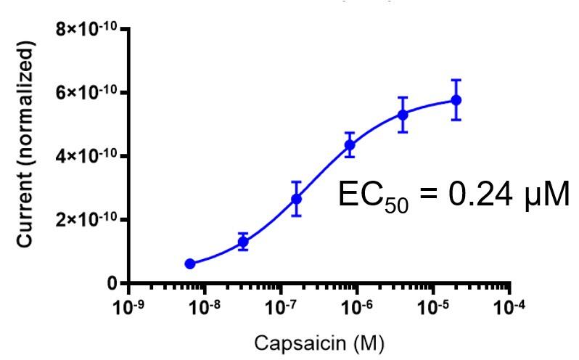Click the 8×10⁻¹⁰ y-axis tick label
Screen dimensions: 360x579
[x=89, y=30]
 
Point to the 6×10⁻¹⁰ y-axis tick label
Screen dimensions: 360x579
[x=89, y=93]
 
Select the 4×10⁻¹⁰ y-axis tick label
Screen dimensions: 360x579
[x=89, y=156]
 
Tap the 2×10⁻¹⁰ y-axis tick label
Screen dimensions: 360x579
[x=89, y=220]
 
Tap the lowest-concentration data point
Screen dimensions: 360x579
[x=190, y=263]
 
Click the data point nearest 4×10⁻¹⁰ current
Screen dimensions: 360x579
[x=350, y=144]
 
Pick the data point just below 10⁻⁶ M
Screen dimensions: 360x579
[x=350, y=144]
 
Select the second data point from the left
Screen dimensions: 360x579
[x=243, y=242]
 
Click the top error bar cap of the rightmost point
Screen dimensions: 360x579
[x=456, y=80]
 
